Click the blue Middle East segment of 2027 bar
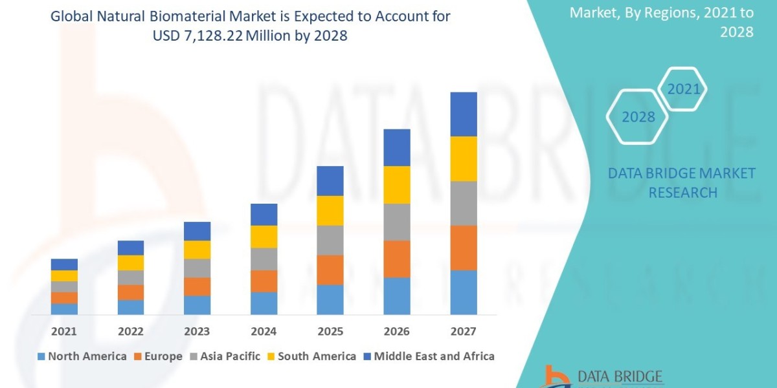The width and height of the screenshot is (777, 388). coord(464,114)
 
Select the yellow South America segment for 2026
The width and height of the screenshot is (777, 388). coord(397,184)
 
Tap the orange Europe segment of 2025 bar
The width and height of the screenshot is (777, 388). coord(330,270)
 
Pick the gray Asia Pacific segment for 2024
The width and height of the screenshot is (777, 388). coord(264,259)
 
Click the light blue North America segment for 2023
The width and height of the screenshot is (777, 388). coord(197,305)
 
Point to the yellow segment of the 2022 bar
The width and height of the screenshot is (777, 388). coord(131,263)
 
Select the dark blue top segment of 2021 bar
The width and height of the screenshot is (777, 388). coord(64,264)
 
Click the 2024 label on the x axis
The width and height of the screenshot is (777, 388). coord(264,331)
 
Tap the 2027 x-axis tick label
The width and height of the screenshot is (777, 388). coord(464,331)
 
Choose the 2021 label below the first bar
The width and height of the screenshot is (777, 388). coord(64,331)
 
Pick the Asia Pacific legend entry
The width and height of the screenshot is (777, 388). coord(225,356)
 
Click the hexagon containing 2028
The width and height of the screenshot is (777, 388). coord(637,116)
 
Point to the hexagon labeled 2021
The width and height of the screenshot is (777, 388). coord(682,89)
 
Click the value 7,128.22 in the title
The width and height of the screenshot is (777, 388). coord(203,36)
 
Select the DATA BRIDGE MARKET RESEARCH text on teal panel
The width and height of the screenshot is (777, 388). coord(682,182)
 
